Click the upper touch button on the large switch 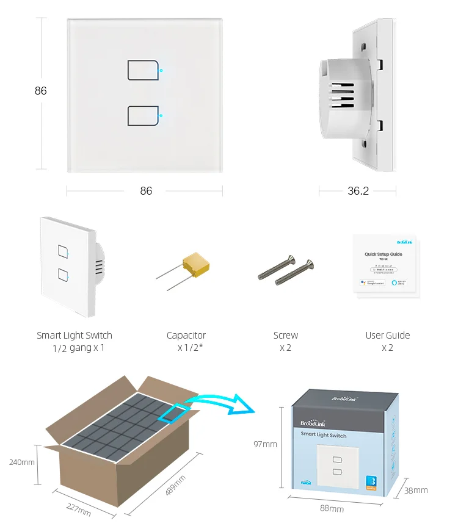pyautogui.click(x=144, y=70)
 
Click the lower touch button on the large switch pyautogui.click(x=144, y=115)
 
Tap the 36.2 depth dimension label pyautogui.click(x=358, y=191)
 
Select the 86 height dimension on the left pyautogui.click(x=40, y=91)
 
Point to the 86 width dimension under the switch pyautogui.click(x=146, y=191)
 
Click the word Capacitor pyautogui.click(x=186, y=335)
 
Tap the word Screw pyautogui.click(x=286, y=335)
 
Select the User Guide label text pyautogui.click(x=388, y=335)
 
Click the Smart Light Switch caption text pyautogui.click(x=75, y=335)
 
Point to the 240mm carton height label pyautogui.click(x=21, y=462)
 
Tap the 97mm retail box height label pyautogui.click(x=265, y=444)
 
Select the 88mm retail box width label pyautogui.click(x=332, y=508)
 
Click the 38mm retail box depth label pyautogui.click(x=416, y=490)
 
